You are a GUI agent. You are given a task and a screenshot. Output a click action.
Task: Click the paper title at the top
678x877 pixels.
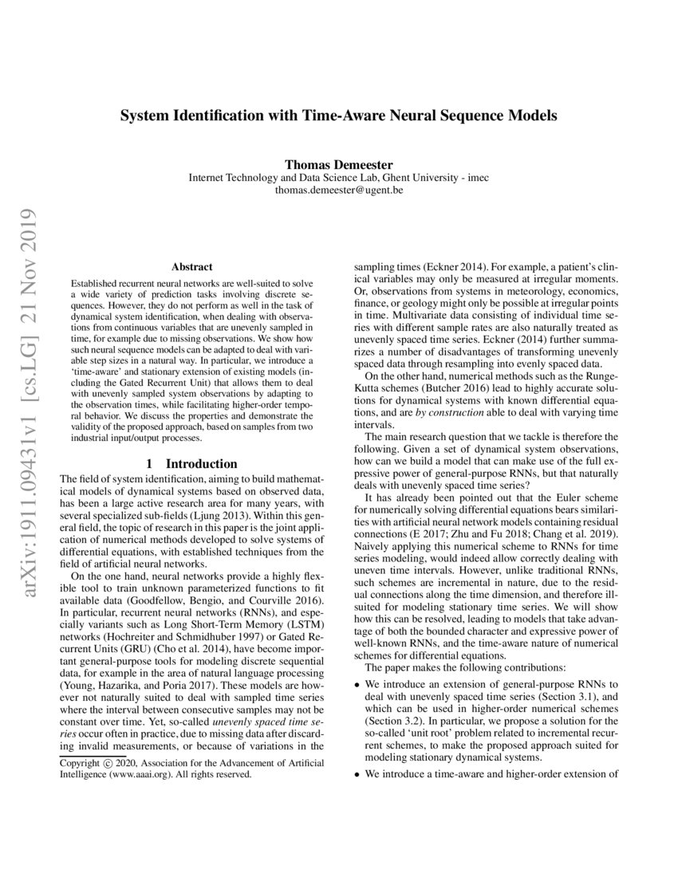(x=338, y=115)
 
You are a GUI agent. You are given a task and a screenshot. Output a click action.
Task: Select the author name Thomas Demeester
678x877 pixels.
(x=338, y=165)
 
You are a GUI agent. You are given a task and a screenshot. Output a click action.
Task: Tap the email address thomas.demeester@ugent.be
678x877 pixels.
(x=338, y=191)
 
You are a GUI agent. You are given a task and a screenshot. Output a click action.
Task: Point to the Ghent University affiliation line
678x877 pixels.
(x=338, y=179)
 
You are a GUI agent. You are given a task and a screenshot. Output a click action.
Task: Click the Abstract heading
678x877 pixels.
(x=192, y=267)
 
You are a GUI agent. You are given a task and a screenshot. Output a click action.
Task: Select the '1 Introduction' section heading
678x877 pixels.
(x=192, y=463)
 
